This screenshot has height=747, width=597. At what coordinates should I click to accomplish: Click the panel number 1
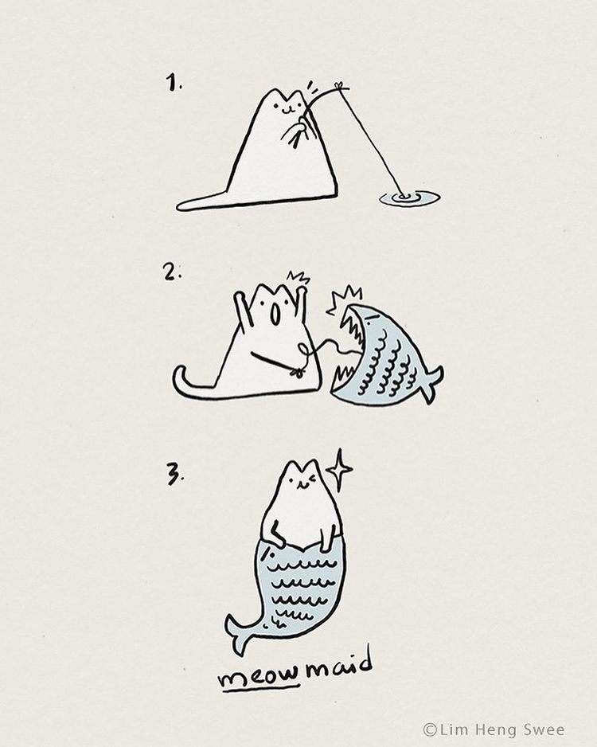[x=174, y=82]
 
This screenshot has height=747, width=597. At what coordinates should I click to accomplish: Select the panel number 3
[x=175, y=475]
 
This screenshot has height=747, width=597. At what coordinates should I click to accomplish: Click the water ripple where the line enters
[x=409, y=198]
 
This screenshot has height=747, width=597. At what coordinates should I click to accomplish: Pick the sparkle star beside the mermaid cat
[x=339, y=470]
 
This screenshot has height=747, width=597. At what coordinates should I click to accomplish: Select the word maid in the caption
[x=338, y=665]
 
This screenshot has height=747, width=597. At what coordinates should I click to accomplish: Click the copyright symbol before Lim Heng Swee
[x=430, y=729]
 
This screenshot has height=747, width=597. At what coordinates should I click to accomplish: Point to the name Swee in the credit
[x=544, y=729]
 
